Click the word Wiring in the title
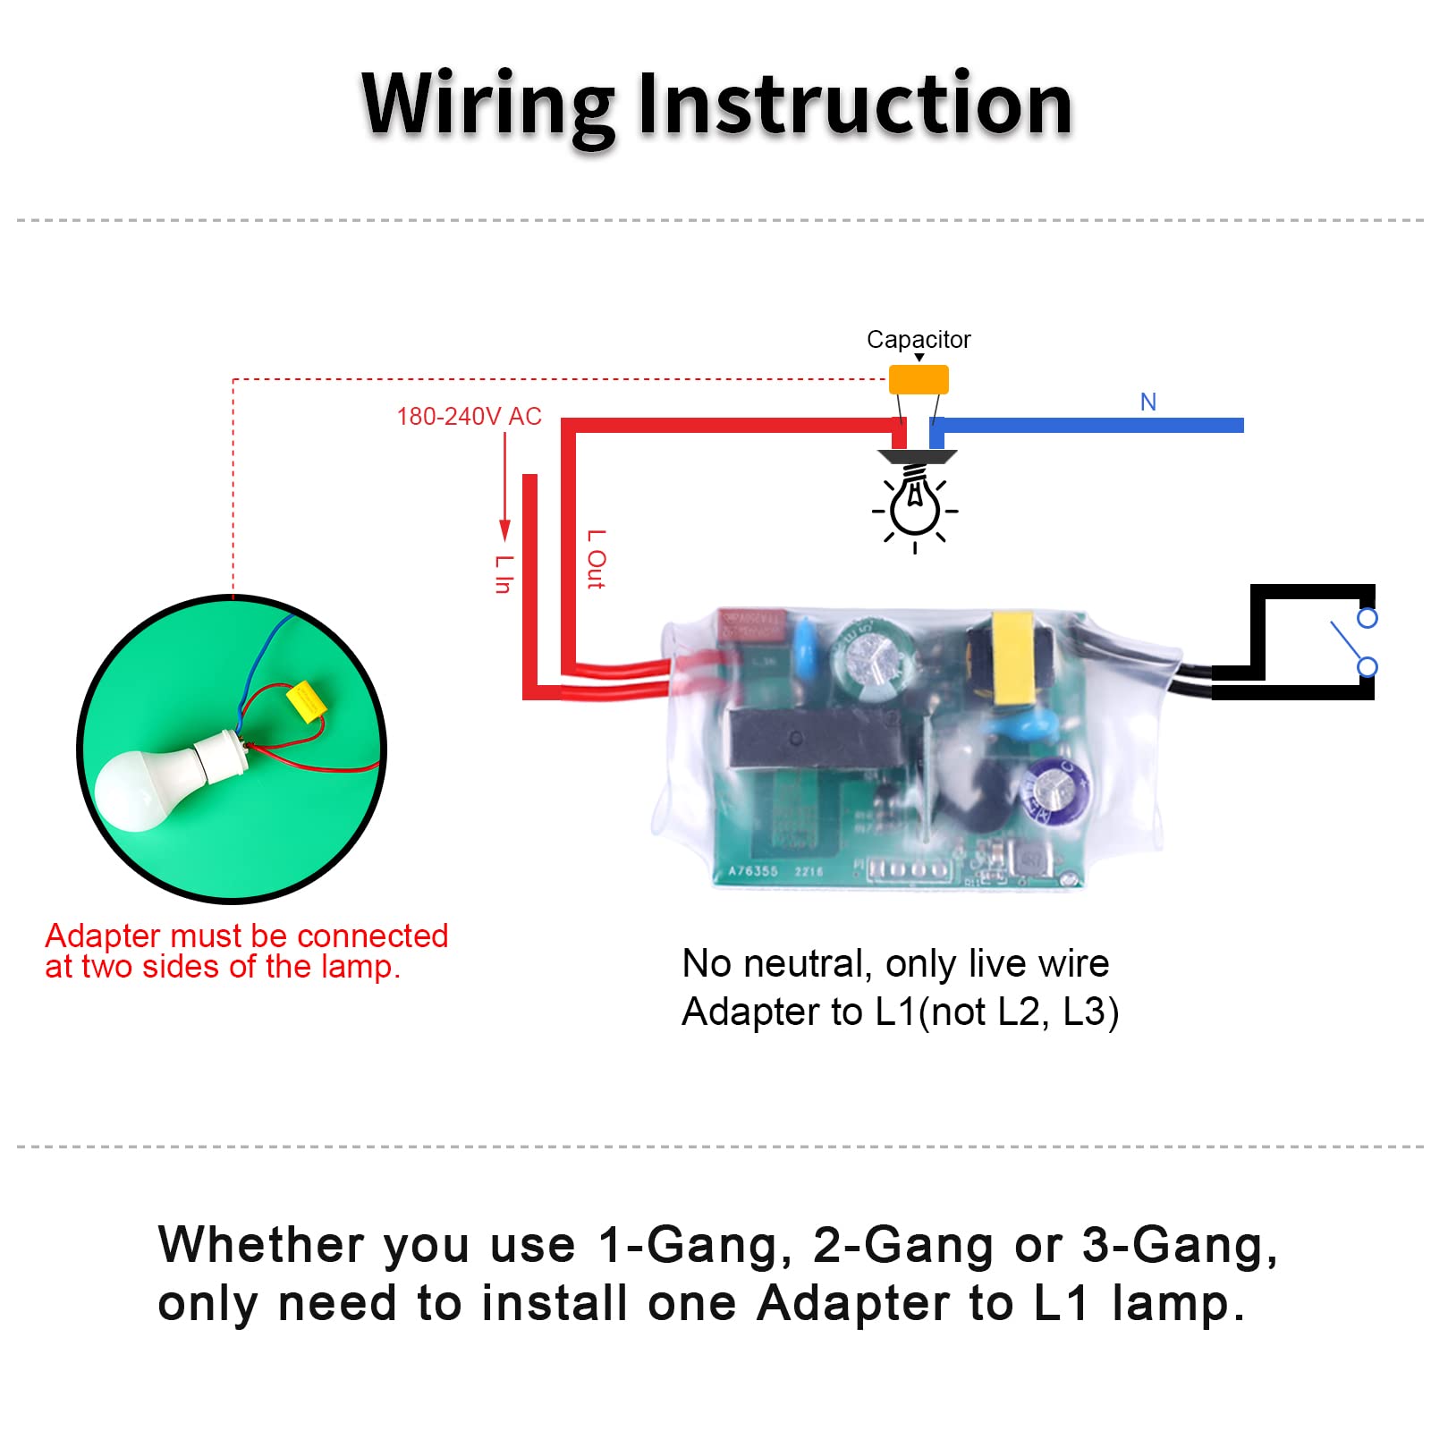coord(487,106)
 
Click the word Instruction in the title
coord(855,106)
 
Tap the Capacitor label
coord(918,340)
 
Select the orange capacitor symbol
coord(919,379)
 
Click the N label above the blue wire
coord(1148,402)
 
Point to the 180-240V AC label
coord(469,417)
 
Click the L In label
coord(504,574)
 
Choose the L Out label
coord(596,559)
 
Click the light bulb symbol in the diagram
coord(915,505)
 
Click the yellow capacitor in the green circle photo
coord(305,701)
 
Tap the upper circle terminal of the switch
coord(1367,618)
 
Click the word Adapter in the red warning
coord(102,936)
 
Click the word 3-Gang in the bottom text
coord(1179,1245)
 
